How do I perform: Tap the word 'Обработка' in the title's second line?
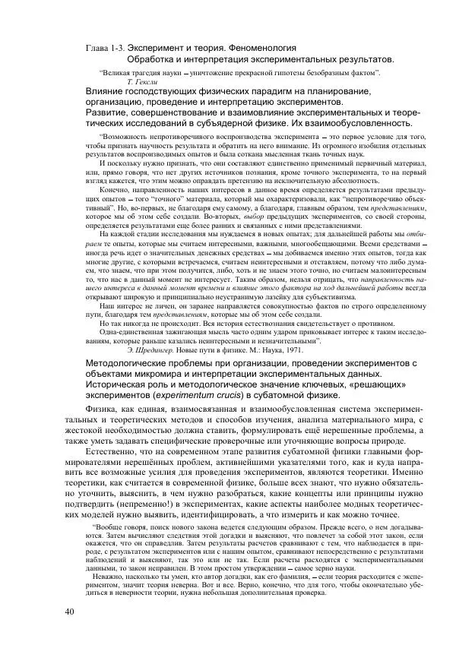(152, 58)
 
